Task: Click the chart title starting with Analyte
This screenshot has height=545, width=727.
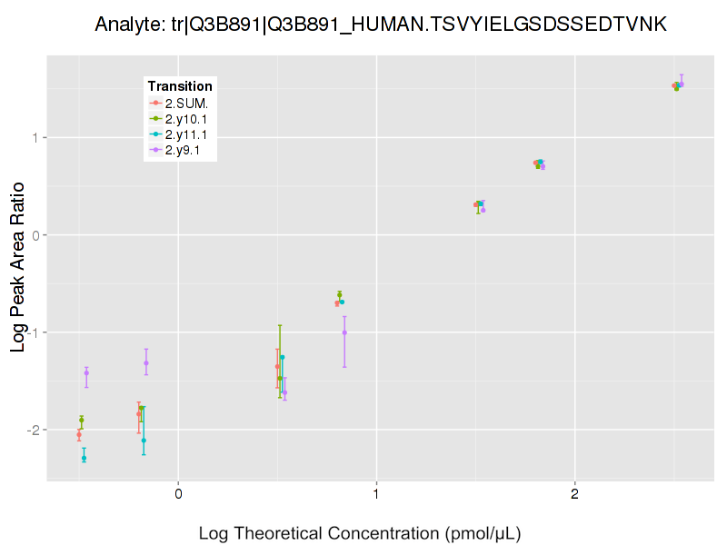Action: [382, 25]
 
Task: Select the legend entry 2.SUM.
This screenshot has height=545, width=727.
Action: [186, 103]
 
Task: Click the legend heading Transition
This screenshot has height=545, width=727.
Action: [180, 86]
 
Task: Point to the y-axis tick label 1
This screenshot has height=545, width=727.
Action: [35, 138]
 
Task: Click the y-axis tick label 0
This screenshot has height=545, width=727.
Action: [35, 235]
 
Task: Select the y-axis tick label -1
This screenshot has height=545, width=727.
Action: [32, 332]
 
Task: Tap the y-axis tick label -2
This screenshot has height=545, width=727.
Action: [32, 430]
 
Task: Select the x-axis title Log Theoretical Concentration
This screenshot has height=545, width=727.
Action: [360, 532]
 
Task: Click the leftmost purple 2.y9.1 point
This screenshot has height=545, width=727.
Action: [86, 372]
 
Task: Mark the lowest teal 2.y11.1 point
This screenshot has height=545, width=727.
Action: [84, 458]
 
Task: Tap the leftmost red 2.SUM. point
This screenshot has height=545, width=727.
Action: [79, 435]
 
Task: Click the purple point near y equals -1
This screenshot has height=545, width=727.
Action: [344, 332]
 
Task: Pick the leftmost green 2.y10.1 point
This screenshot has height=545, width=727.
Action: [81, 420]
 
